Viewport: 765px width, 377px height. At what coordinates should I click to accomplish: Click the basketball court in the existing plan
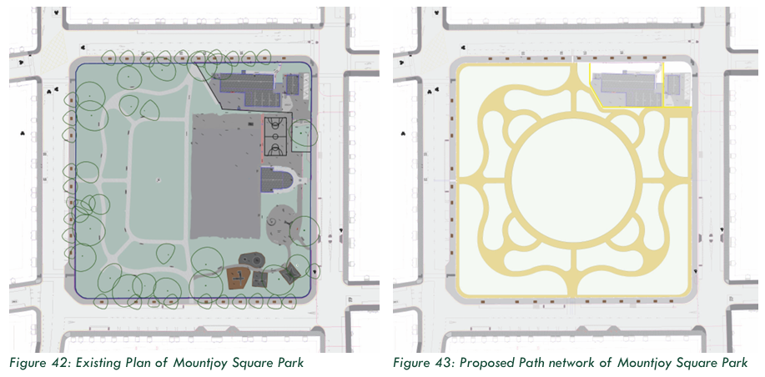point(275,135)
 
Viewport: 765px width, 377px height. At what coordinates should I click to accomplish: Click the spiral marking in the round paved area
point(271,224)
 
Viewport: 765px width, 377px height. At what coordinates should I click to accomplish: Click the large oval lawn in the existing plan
point(157,180)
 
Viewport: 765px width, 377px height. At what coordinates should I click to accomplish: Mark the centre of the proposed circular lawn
point(573,180)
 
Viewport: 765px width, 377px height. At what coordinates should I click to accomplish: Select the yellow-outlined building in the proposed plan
point(627,84)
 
